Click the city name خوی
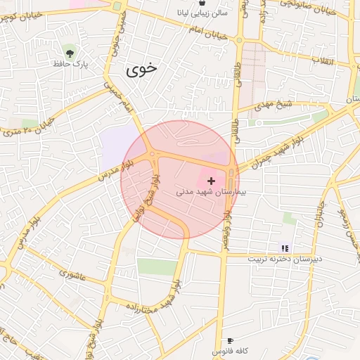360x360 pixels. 143,69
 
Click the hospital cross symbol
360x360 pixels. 211,181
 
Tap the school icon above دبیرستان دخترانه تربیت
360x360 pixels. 285,247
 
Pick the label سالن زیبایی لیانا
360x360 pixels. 202,13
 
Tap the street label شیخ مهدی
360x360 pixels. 273,105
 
